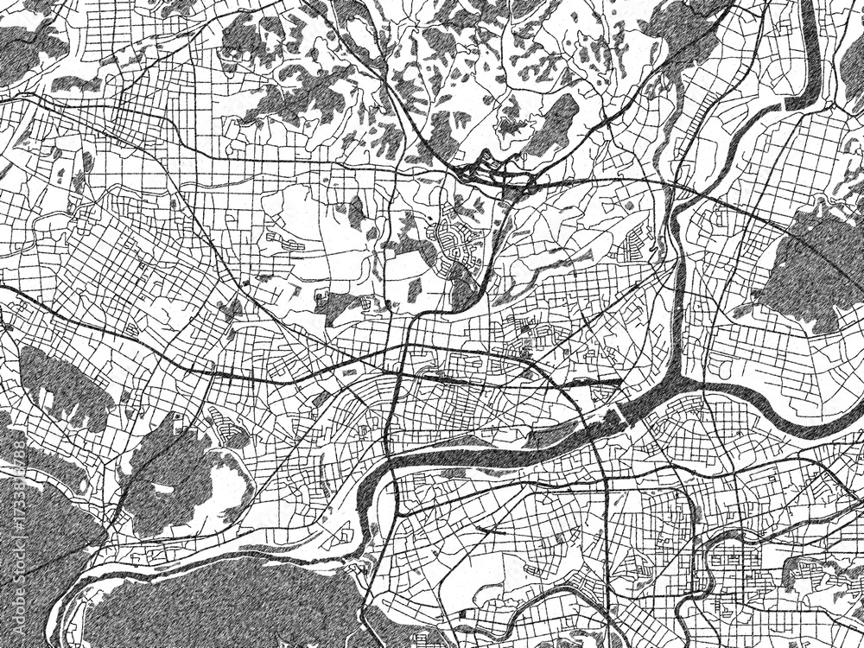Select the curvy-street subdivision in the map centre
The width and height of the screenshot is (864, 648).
click(455, 242)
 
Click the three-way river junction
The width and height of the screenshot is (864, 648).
click(683, 380)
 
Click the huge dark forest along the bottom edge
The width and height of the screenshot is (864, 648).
click(225, 605)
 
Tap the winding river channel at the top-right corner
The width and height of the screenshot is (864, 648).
click(808, 69)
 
